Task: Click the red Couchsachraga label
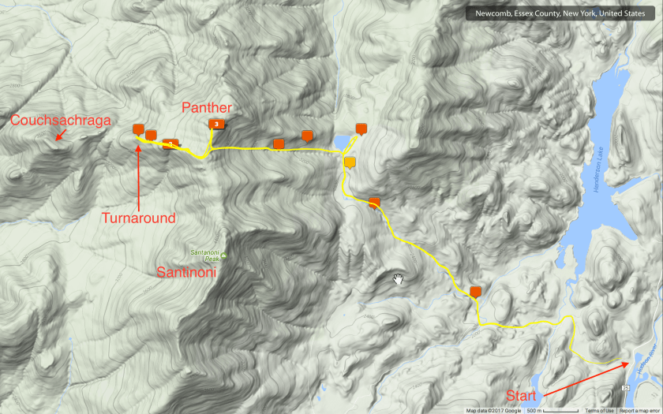pyautogui.click(x=60, y=120)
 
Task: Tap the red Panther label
pyautogui.click(x=207, y=107)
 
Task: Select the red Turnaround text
pyautogui.click(x=138, y=218)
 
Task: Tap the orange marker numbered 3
pyautogui.click(x=215, y=124)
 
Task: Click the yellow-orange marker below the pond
pyautogui.click(x=350, y=162)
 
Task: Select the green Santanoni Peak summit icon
pyautogui.click(x=224, y=255)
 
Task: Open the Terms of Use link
pyautogui.click(x=599, y=410)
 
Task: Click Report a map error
pyautogui.click(x=639, y=410)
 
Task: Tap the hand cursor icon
pyautogui.click(x=399, y=278)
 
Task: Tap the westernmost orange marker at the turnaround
pyautogui.click(x=138, y=129)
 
